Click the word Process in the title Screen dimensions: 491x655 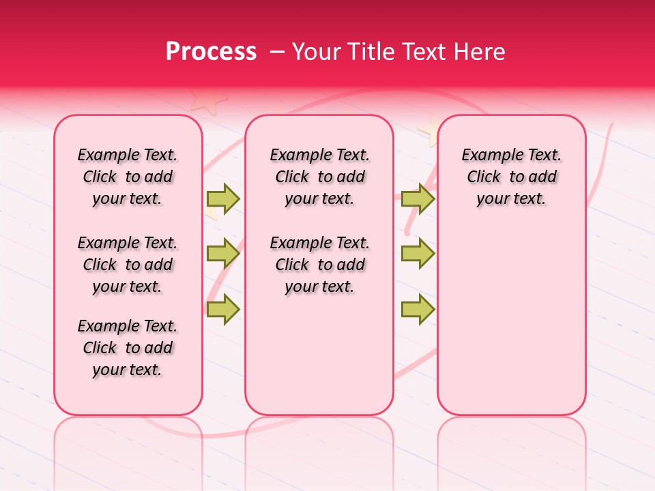[211, 52]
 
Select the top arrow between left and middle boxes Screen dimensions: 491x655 [223, 198]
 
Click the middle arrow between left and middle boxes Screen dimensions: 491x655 [223, 254]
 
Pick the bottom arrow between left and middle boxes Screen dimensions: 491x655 [223, 309]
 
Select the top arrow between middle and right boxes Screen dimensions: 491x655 [418, 198]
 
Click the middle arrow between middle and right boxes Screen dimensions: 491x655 [418, 254]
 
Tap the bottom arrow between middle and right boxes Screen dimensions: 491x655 [418, 309]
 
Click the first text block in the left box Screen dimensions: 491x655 [128, 177]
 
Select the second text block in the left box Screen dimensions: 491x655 [128, 265]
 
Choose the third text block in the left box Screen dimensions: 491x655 [128, 348]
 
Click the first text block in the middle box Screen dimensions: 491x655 [319, 177]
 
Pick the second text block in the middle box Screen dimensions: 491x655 [319, 265]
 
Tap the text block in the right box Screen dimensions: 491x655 [511, 177]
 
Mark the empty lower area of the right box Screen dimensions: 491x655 [511, 321]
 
